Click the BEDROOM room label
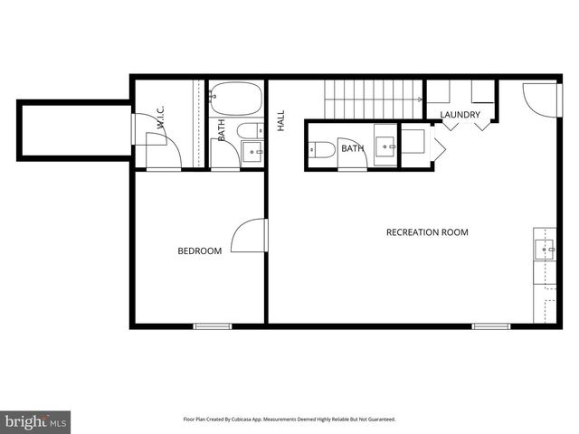pyautogui.click(x=199, y=251)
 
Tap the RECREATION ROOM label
pyautogui.click(x=427, y=232)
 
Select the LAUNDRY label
pyautogui.click(x=460, y=115)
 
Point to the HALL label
pyautogui.click(x=280, y=121)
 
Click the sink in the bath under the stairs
pyautogui.click(x=385, y=145)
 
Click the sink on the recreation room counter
pyautogui.click(x=545, y=245)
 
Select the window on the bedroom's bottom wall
pyautogui.click(x=213, y=325)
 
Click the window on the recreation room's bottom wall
pyautogui.click(x=490, y=325)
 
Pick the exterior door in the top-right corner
pyautogui.click(x=541, y=98)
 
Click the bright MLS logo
pyautogui.click(x=35, y=421)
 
